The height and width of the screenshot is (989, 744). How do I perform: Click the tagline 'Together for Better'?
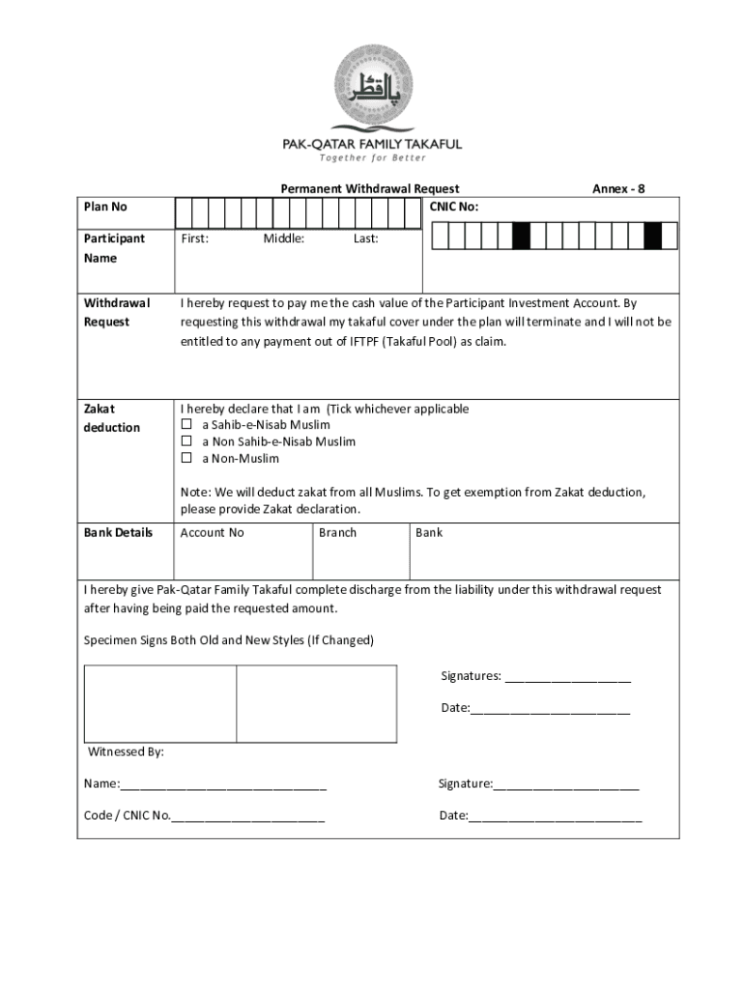point(372,158)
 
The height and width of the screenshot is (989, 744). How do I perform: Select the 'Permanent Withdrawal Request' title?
point(370,188)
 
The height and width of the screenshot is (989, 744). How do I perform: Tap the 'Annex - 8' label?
point(618,188)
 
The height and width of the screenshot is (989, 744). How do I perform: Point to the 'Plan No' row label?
point(105,207)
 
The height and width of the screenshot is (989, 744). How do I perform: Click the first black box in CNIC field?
point(521,236)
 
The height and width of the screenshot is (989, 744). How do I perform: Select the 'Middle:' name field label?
point(284,239)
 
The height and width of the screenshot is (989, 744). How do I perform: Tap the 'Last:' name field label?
point(366,239)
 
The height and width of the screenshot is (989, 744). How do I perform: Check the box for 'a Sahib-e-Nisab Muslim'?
point(187,425)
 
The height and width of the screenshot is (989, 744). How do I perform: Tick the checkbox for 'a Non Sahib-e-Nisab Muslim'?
point(187,441)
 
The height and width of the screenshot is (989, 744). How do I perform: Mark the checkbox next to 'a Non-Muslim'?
point(187,458)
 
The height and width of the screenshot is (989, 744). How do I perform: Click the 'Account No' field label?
point(213,532)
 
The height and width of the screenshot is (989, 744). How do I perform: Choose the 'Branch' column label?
point(337,532)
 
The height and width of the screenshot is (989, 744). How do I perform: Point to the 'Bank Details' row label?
point(118,532)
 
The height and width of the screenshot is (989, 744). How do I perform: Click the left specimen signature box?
point(159,703)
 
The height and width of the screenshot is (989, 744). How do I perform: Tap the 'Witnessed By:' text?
point(127,751)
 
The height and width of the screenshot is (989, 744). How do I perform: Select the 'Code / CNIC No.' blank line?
point(248,817)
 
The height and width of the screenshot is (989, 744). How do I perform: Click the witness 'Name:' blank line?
point(223,785)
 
